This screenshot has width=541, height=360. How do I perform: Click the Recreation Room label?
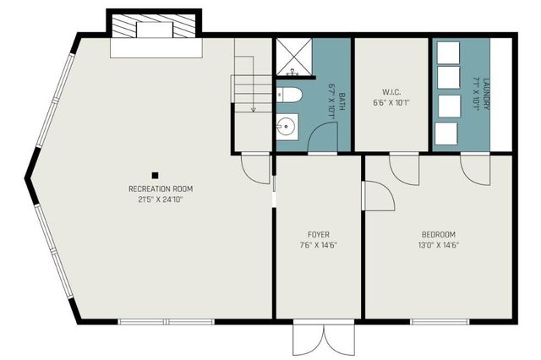[x=156, y=188]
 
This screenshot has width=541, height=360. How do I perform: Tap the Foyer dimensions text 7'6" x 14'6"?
[x=319, y=245]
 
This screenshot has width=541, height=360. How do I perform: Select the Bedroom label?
[x=439, y=234]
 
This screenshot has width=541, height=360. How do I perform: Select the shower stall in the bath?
[x=292, y=56]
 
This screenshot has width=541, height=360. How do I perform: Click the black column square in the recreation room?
[x=156, y=175]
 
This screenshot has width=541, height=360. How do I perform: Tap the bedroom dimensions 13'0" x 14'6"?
[x=439, y=245]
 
